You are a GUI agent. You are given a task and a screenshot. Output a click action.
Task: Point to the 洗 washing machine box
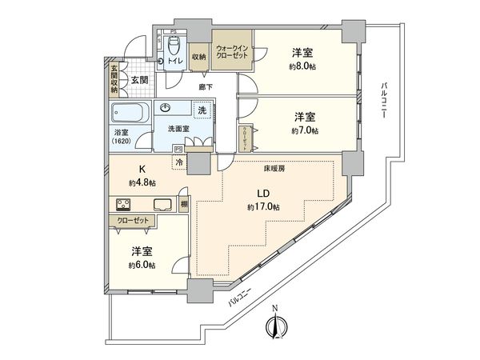click(x=202, y=110)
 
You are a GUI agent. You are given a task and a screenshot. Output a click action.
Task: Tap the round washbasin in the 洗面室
click(x=166, y=108)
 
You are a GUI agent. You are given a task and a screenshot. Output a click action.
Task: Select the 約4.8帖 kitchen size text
click(x=143, y=182)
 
